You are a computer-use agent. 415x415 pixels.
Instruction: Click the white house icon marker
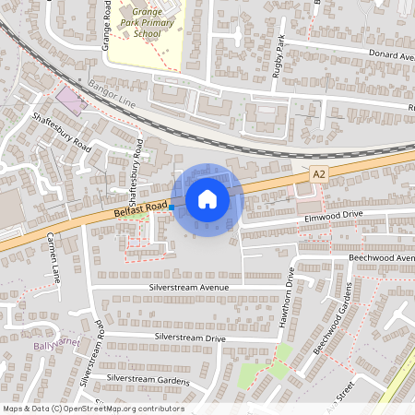click(x=207, y=198)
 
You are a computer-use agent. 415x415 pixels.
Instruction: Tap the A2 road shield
click(x=319, y=173)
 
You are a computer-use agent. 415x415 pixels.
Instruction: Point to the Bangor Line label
click(x=113, y=95)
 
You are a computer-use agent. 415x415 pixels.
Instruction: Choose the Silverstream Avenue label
click(x=188, y=288)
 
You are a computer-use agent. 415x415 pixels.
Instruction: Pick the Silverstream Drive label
click(x=190, y=338)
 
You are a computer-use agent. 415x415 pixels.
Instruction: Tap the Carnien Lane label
click(x=53, y=256)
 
